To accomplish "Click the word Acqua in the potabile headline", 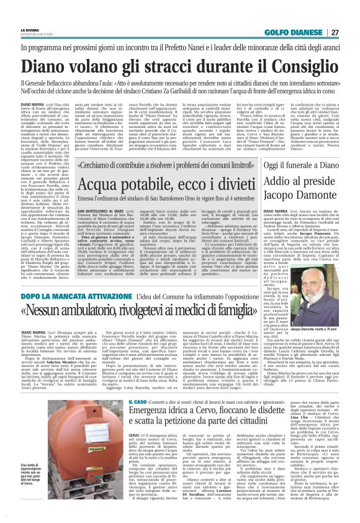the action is pyautogui.click(x=105, y=184).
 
